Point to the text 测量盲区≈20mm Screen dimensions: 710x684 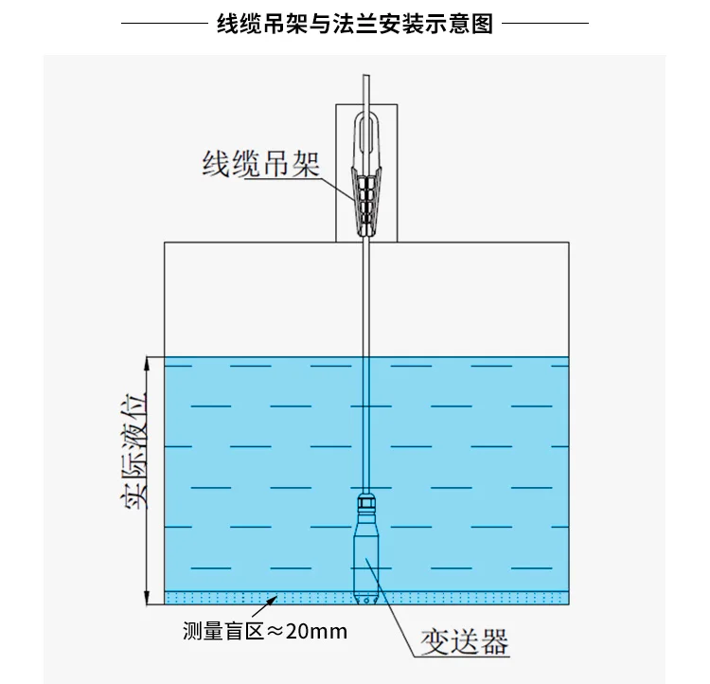265,631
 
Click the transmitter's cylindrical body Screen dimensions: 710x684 367,559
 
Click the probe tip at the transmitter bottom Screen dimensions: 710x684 367,598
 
